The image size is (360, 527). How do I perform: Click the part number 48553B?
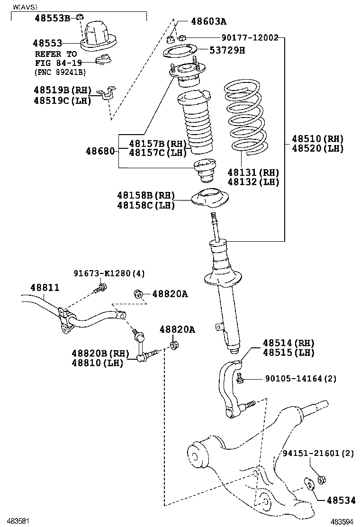(x=52, y=18)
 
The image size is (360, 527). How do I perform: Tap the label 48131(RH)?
(x=253, y=172)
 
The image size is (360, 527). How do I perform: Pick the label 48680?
(x=100, y=151)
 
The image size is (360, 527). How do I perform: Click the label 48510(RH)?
(x=317, y=139)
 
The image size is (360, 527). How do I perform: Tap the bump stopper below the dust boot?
(x=205, y=172)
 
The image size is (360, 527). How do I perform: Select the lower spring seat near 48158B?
(x=209, y=199)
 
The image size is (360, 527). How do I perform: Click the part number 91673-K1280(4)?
(x=109, y=273)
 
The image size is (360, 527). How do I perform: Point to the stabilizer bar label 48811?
(x=45, y=287)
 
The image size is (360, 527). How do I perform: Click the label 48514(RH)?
(x=288, y=343)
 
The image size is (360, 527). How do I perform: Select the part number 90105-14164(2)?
(x=300, y=378)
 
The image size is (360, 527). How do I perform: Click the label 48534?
(x=338, y=500)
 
